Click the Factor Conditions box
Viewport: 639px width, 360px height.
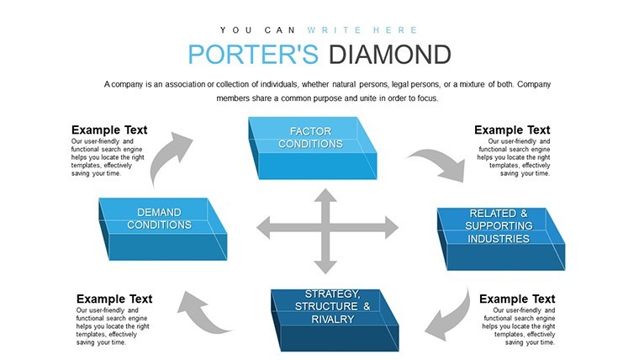tap(313, 148)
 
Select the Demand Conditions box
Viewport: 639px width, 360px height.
tap(163, 229)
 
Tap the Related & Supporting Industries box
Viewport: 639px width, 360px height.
tap(501, 239)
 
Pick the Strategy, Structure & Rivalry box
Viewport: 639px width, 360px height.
tap(335, 320)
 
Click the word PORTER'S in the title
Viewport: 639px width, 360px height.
tap(253, 55)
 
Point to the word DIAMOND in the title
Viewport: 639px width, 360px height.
tap(389, 55)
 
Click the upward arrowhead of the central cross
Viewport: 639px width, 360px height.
tap(325, 195)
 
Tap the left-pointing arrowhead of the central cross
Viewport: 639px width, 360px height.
tap(263, 227)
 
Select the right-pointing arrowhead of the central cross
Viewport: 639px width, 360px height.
tap(392, 227)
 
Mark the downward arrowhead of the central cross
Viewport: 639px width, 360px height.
tap(325, 267)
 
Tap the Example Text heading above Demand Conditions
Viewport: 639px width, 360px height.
tap(109, 130)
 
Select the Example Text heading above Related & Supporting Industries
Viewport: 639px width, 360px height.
tap(512, 130)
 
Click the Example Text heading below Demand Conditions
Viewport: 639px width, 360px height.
tap(114, 299)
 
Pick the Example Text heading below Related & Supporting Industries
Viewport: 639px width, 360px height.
tap(517, 299)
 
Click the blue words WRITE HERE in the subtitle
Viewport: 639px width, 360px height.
tap(362, 30)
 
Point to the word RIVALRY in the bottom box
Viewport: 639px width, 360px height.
tap(333, 320)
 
